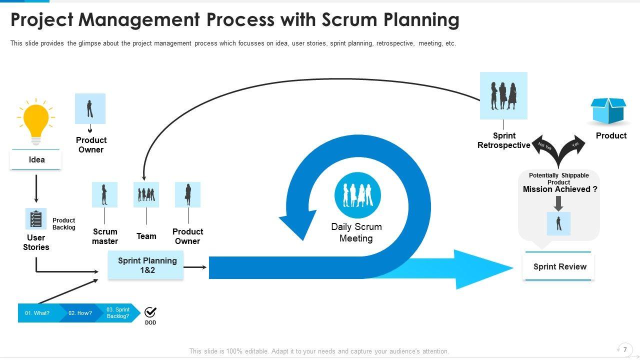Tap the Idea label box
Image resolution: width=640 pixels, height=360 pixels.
coord(36,160)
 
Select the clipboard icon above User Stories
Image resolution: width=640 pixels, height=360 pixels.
coord(36,218)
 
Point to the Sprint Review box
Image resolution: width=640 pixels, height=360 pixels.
coord(559,266)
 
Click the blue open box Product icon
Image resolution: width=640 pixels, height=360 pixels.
coord(608,111)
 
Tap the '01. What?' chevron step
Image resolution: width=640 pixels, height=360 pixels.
coord(38,313)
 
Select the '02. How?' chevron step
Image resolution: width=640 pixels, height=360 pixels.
coord(80,313)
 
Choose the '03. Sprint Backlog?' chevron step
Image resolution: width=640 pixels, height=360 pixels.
coord(118,313)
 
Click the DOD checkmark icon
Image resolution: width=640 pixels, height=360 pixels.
coord(150,312)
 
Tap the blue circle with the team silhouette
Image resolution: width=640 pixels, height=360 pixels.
coord(357,195)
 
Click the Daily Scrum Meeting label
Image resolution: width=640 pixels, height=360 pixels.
coord(356,232)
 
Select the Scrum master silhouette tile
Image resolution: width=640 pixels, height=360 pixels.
coord(104,194)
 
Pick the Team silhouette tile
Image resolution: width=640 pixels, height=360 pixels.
coord(146,194)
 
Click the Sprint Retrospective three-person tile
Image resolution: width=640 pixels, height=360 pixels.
coord(503,95)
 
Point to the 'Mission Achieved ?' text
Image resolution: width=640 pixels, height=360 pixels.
coord(560,189)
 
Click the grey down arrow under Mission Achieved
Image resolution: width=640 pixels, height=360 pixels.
coord(558,203)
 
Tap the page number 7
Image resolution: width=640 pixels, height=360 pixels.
coord(625,350)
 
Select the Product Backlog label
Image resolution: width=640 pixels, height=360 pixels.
coord(64,223)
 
